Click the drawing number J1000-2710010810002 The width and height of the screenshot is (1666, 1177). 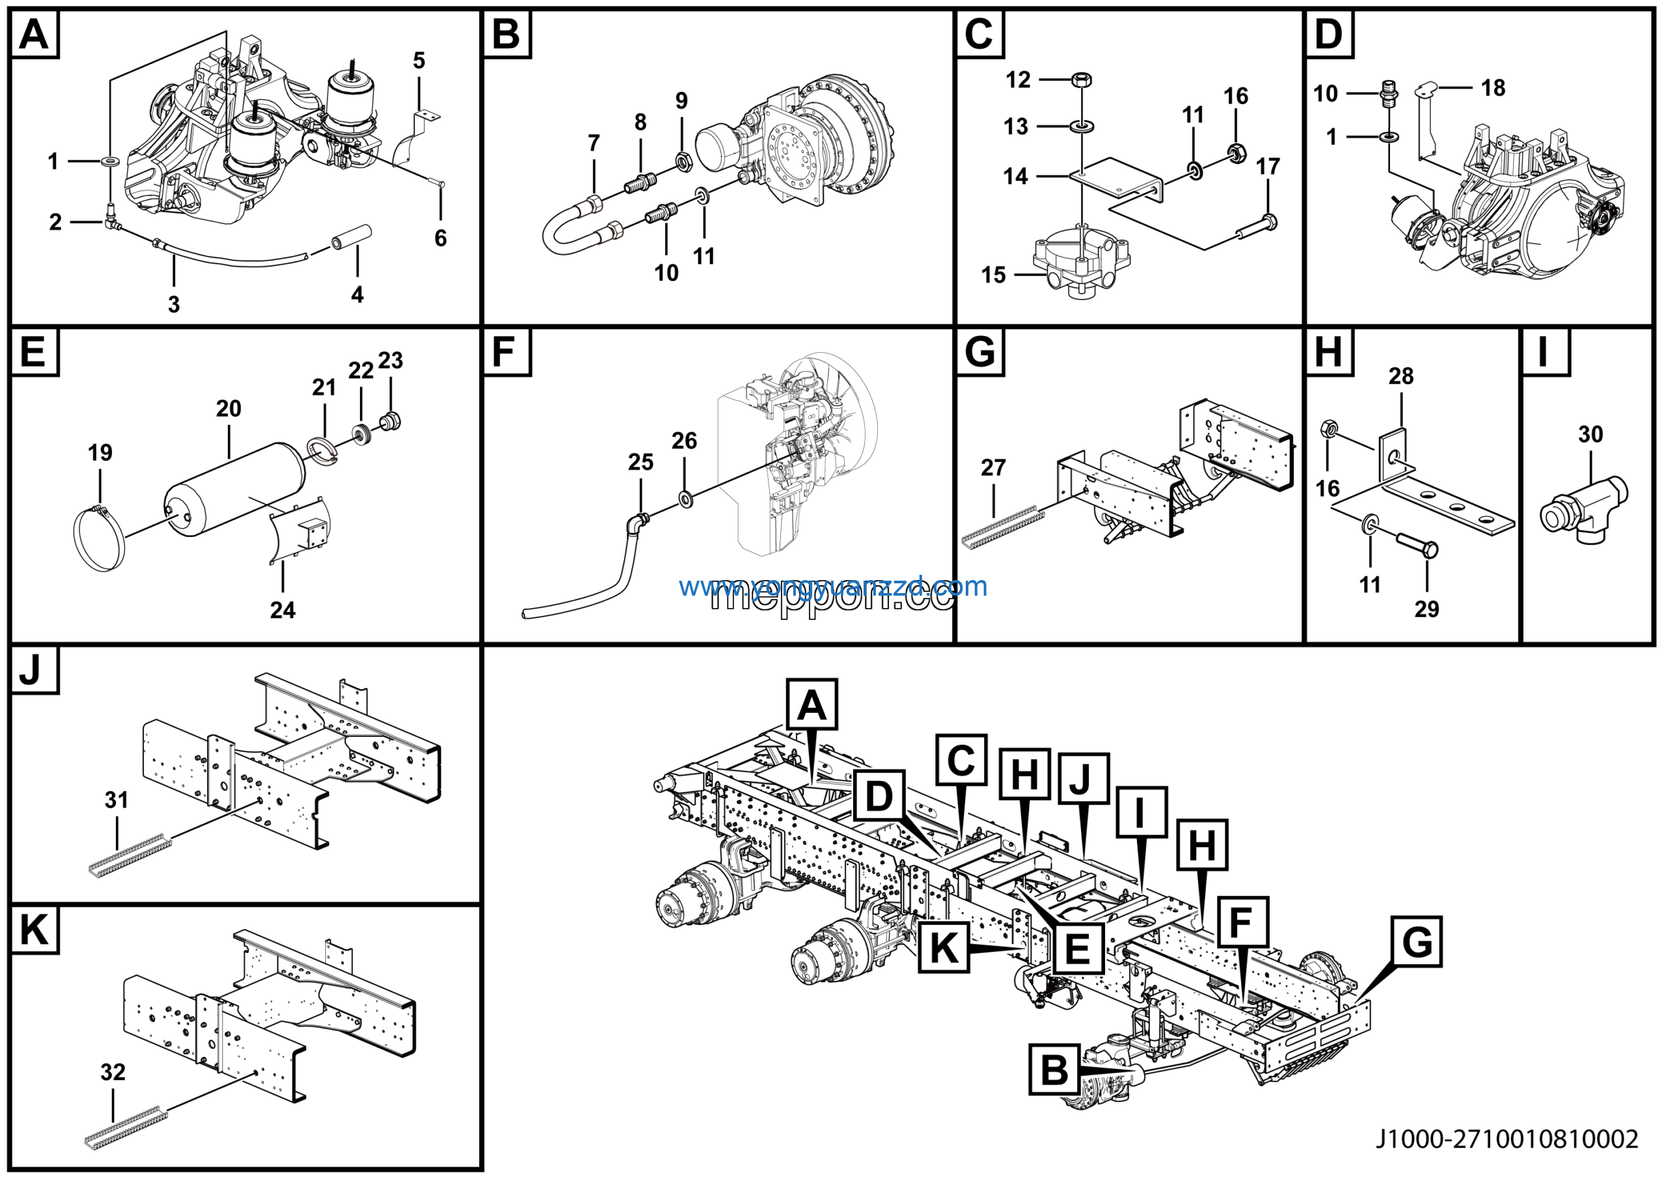coord(1507,1139)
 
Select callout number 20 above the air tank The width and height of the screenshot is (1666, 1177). coord(228,409)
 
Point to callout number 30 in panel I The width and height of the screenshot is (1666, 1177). coord(1591,435)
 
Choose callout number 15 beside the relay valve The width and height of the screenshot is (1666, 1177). coord(993,275)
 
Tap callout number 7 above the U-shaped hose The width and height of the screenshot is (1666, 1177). coord(594,143)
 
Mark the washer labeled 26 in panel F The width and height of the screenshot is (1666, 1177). coord(685,499)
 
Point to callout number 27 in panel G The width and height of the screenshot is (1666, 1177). coord(992,468)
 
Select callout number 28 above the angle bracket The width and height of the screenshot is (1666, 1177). coord(1400,377)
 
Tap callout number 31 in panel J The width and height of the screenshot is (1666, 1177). coord(116,799)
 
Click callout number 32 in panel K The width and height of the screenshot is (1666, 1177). coord(113,1072)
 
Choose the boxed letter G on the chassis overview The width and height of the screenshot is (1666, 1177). coord(1416,942)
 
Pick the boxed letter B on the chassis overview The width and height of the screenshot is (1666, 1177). coord(1054,1069)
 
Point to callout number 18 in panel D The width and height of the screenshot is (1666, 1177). coord(1493,88)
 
